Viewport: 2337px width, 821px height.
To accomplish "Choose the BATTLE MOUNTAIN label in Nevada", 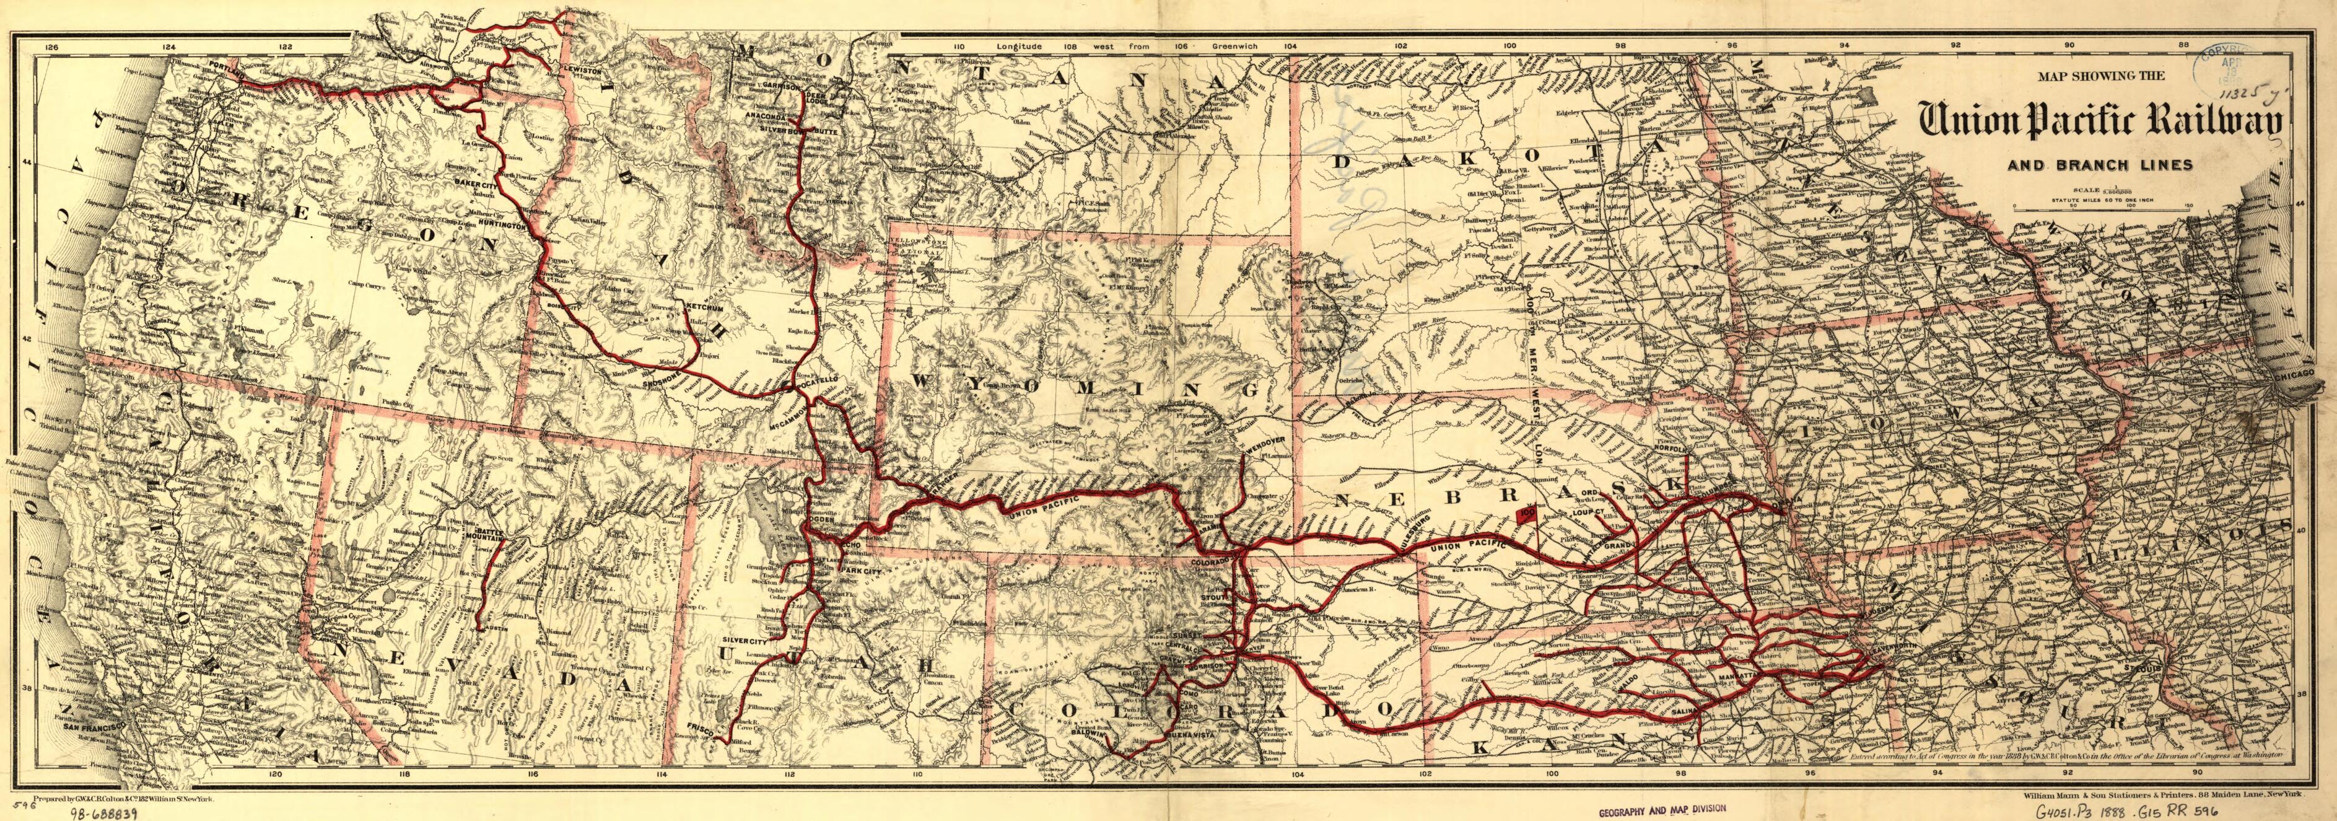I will [484, 532].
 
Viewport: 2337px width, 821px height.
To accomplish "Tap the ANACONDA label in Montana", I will [765, 117].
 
